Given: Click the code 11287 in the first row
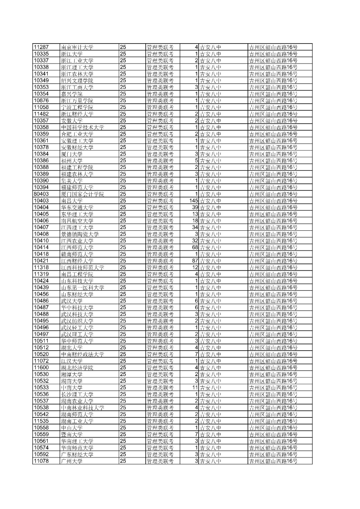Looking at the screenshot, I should (41, 47).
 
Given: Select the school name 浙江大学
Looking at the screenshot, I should (72, 54).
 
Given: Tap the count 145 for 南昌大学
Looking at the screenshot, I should (194, 201).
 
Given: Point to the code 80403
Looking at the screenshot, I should (41, 194).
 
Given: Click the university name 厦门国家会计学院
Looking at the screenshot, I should (82, 194).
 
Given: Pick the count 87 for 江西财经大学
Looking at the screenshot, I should (195, 261).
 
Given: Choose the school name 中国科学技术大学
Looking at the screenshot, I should (82, 127).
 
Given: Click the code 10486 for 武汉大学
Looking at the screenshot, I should (41, 301).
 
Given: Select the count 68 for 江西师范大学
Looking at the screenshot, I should (195, 248).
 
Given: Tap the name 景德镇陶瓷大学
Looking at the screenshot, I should (80, 234).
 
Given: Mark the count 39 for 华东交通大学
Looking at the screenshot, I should (195, 207).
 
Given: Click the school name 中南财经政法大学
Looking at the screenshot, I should (82, 354).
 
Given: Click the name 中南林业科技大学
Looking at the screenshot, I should (82, 408).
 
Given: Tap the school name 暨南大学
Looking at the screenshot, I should (72, 435).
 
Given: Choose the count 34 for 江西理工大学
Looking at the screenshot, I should (195, 227).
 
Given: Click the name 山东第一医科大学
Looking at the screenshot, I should (82, 288).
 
